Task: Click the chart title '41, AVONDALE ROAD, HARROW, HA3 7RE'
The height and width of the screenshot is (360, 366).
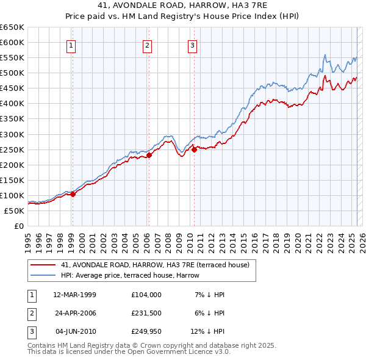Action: pyautogui.click(x=183, y=5)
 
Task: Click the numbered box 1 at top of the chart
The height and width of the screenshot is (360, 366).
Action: pyautogui.click(x=71, y=45)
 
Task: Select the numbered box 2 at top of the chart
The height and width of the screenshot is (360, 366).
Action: pyautogui.click(x=148, y=45)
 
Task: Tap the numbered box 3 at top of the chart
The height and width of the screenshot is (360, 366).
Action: pyautogui.click(x=192, y=45)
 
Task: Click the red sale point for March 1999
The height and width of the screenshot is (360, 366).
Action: pyautogui.click(x=73, y=194)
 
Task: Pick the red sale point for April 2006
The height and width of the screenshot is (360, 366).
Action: pyautogui.click(x=149, y=155)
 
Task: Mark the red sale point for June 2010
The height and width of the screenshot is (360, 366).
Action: pyautogui.click(x=194, y=149)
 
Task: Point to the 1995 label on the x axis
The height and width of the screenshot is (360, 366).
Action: pyautogui.click(x=28, y=240)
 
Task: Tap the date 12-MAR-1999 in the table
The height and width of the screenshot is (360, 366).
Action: pyautogui.click(x=74, y=295)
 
